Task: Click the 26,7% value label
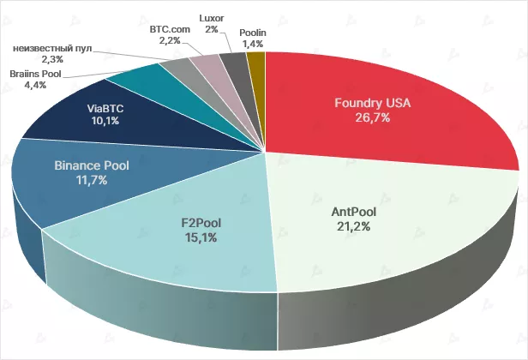tap(373, 118)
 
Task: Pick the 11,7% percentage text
tap(92, 179)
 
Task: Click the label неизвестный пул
tap(51, 46)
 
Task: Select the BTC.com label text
tap(170, 28)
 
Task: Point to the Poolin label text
tap(253, 31)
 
